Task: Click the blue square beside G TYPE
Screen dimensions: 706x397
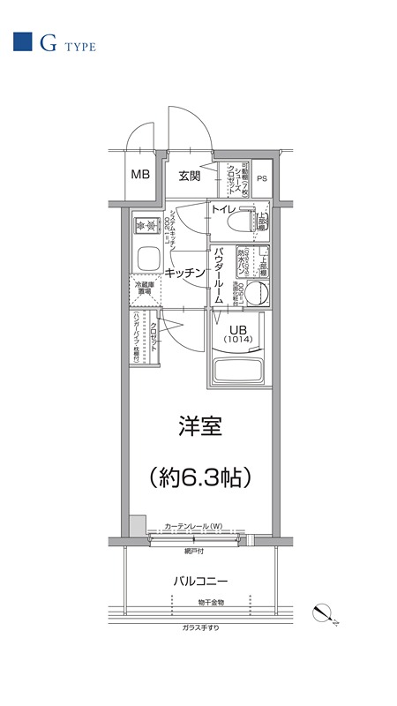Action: tap(22, 41)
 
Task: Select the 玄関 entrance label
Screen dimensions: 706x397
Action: tap(189, 176)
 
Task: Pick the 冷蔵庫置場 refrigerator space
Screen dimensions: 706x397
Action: tap(145, 289)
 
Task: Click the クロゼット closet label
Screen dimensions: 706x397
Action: tap(153, 334)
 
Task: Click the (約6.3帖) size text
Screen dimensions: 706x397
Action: tap(200, 477)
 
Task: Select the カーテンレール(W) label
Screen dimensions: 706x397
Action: tap(193, 527)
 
